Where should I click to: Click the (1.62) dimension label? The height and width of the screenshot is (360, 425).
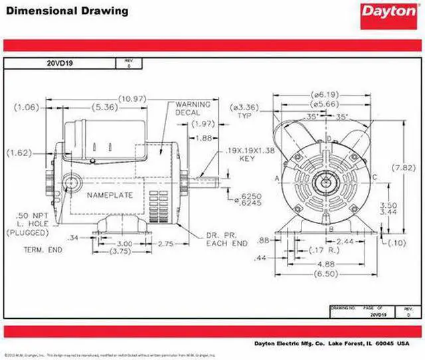18,153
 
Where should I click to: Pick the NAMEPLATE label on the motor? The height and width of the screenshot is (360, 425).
110,195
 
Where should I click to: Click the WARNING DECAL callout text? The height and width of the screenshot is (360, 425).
193,109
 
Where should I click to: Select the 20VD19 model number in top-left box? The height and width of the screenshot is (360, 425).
58,63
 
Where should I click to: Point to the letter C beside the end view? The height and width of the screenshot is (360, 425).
375,177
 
